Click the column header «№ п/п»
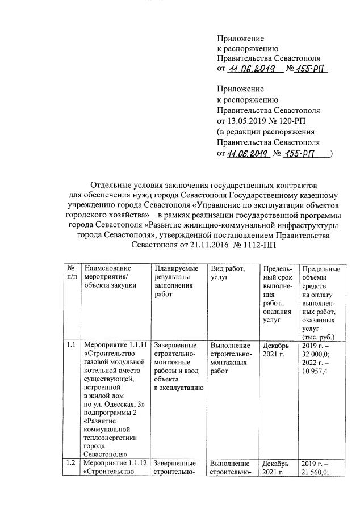tap(71, 272)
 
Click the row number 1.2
tap(71, 462)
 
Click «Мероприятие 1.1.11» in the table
tap(115, 345)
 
